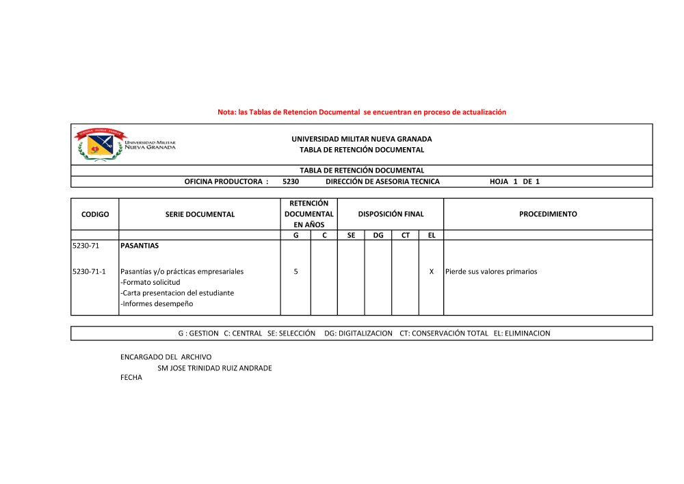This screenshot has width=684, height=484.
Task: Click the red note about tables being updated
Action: pos(362,112)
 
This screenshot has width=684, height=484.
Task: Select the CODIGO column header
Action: pos(95,214)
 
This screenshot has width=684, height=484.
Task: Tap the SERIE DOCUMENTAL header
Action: pos(200,214)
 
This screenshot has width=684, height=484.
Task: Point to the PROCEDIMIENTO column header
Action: pos(548,214)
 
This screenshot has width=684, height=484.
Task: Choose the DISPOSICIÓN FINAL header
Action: pos(391,214)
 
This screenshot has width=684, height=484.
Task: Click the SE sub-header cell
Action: pos(351,235)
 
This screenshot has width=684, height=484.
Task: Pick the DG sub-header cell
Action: pos(378,235)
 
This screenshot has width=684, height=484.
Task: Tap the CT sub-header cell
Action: pos(405,235)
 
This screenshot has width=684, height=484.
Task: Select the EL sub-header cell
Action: pos(431,235)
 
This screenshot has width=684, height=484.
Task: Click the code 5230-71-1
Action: pos(89,272)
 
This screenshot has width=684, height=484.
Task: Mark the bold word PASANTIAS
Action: pos(139,245)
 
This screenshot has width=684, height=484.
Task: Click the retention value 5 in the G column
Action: pos(295,272)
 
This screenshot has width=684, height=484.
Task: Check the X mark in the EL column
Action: pos(431,272)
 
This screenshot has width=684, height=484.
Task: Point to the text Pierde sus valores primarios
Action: pos(491,272)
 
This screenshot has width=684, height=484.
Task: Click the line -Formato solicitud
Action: pos(150,282)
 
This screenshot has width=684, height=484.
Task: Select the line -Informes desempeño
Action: pos(157,303)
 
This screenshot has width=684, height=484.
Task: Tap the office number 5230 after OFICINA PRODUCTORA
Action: pos(290,182)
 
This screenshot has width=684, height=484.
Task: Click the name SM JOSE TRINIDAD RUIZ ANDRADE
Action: pos(214,368)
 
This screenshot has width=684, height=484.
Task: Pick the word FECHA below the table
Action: pos(131,377)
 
